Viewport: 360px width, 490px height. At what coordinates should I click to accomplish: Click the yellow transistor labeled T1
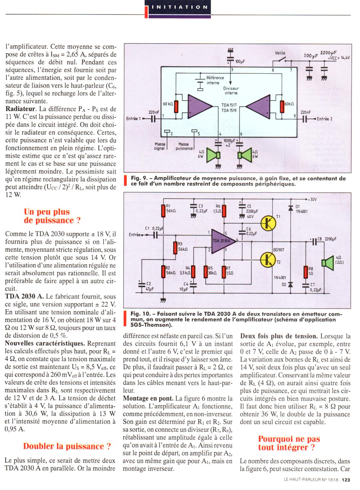pyautogui.click(x=268, y=222)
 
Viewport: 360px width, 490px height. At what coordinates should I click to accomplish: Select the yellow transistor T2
pyautogui.click(x=268, y=259)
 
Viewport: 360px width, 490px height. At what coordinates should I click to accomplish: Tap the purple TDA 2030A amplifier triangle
pyautogui.click(x=222, y=241)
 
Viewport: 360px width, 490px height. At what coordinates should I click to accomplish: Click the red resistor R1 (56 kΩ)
pyautogui.click(x=163, y=211)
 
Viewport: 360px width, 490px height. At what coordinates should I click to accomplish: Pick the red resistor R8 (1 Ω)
pyautogui.click(x=306, y=272)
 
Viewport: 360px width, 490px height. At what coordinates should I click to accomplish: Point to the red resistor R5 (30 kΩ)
pyautogui.click(x=206, y=272)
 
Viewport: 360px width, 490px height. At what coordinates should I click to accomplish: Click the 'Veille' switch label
pyautogui.click(x=280, y=53)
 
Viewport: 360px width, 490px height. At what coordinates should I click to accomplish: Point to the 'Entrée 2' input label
pyautogui.click(x=324, y=119)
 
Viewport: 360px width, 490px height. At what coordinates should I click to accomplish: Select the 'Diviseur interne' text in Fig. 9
pyautogui.click(x=231, y=91)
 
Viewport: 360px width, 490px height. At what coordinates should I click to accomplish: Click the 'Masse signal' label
pyautogui.click(x=160, y=146)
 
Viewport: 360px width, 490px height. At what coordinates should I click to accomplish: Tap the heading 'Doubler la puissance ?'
pyautogui.click(x=67, y=446)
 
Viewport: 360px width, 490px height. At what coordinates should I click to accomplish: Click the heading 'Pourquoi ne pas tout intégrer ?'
pyautogui.click(x=289, y=443)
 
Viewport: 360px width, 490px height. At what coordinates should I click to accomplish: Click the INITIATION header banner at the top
pyautogui.click(x=177, y=7)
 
